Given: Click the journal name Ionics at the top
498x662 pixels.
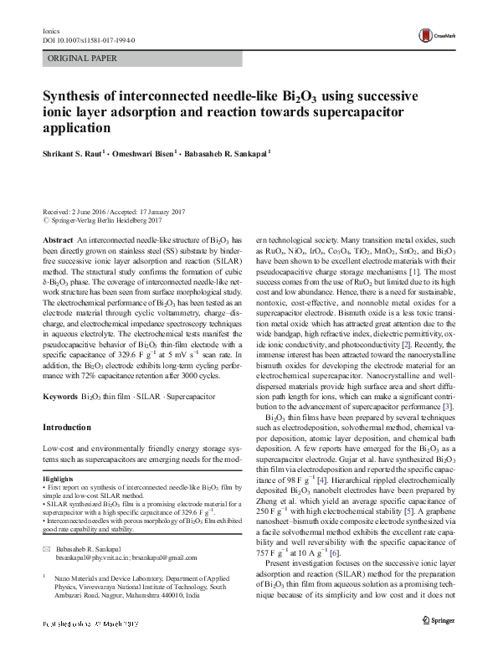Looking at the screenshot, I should (51, 29).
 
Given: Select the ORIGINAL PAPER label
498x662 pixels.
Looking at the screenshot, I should (81, 59).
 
